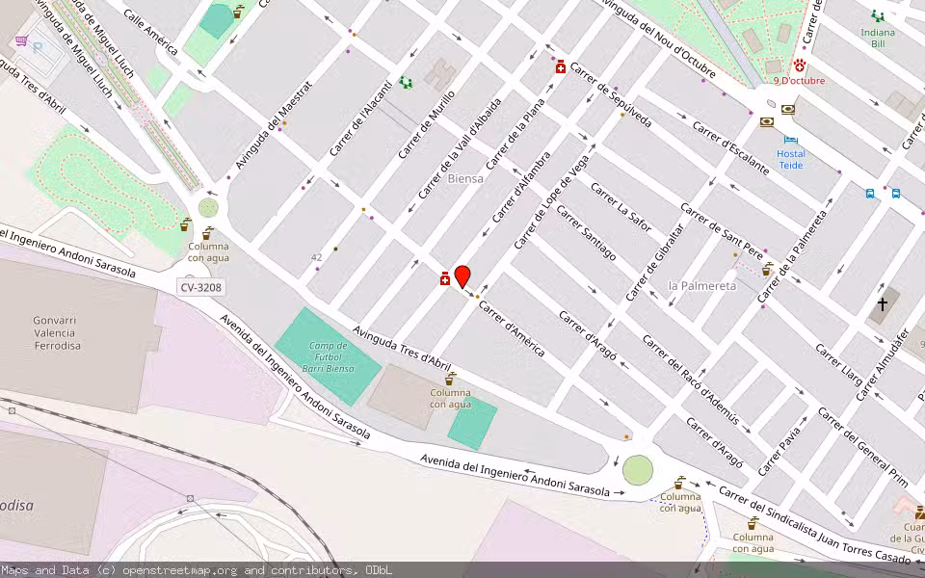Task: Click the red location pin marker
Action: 462,276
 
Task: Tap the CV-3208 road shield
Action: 200,287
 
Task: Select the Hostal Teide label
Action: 790,159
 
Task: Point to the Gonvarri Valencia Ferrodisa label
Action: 57,332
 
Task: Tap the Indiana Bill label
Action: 877,38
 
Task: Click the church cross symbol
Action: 882,303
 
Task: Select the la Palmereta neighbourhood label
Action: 701,286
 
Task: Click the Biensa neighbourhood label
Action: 465,178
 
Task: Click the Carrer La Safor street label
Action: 622,208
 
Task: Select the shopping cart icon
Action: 21,40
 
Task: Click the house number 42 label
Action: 316,257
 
